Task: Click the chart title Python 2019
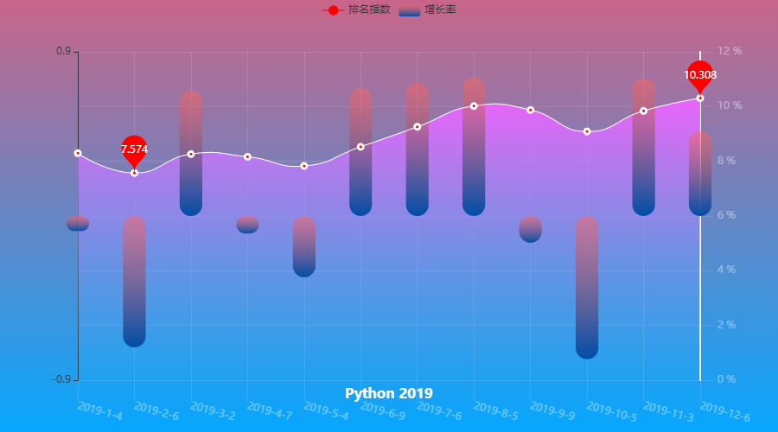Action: click(389, 393)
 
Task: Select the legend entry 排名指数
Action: click(356, 10)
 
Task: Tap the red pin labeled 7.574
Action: click(134, 149)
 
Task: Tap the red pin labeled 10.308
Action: click(700, 75)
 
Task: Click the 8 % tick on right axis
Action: click(728, 161)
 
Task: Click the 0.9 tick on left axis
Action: click(63, 51)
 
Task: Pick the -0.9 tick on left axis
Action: click(61, 379)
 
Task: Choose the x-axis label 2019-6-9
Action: click(382, 410)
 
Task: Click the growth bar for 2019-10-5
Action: click(587, 287)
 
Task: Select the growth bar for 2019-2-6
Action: click(134, 281)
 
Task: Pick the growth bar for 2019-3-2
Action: click(191, 153)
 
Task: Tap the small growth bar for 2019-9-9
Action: click(531, 229)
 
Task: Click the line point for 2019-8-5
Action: click(474, 105)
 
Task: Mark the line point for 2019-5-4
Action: click(304, 165)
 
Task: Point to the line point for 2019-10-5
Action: click(587, 131)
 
